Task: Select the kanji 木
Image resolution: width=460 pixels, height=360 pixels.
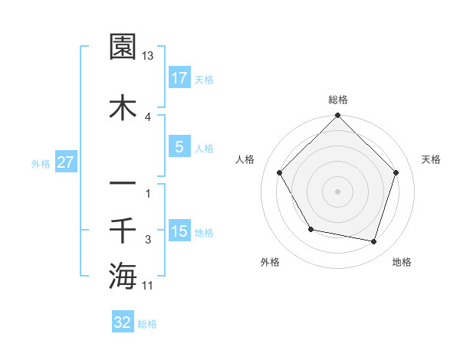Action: point(123,106)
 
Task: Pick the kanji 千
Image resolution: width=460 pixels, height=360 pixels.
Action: point(123,229)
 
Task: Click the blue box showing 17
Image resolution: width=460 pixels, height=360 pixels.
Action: point(179,77)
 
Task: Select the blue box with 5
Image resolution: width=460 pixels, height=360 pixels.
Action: point(179,147)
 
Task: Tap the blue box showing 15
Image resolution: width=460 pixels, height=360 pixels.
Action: point(179,231)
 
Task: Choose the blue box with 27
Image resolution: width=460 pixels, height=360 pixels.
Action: point(66,162)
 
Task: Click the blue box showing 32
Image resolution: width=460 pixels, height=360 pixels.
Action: point(123,322)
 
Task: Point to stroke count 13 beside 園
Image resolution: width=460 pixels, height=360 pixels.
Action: point(148,56)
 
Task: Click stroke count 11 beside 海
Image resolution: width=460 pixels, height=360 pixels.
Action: point(148,286)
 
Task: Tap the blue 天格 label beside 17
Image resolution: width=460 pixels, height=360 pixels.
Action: point(203,78)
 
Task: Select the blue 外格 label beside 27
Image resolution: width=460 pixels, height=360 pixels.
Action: point(41,162)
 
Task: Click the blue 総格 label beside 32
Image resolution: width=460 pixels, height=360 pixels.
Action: point(147,323)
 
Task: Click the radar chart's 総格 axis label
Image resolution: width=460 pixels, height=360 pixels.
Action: point(338,100)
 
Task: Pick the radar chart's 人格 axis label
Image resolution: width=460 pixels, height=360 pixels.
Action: point(245,159)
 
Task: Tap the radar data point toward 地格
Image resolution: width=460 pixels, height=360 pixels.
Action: point(373,241)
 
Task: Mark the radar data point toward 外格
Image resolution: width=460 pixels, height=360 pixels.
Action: point(310,229)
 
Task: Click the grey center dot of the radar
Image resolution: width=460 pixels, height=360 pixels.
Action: point(338,191)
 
